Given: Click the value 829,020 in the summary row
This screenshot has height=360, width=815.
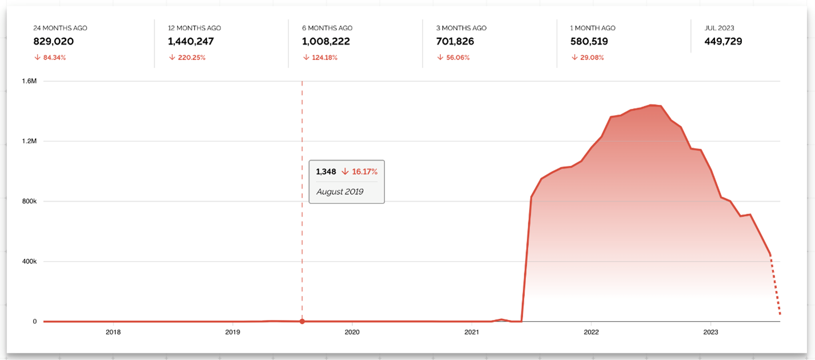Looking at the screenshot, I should click(x=54, y=42).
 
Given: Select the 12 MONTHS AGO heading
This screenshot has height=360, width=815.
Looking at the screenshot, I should click(x=194, y=28).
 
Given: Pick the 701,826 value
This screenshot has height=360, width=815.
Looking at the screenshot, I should click(x=456, y=42).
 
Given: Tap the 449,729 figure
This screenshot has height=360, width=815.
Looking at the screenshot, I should click(x=724, y=42).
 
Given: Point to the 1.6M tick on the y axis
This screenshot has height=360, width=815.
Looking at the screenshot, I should click(x=29, y=81).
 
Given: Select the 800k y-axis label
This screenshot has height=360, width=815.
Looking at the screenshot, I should click(x=28, y=201).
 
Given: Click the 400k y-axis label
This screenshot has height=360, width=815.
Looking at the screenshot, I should click(x=28, y=262).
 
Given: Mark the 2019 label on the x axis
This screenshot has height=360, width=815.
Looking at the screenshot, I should click(x=232, y=332).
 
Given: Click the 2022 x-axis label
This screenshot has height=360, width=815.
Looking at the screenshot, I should click(x=591, y=332).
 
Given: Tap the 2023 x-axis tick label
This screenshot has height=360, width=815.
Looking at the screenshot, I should click(x=710, y=332).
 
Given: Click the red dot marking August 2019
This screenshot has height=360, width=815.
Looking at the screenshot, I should click(x=302, y=321).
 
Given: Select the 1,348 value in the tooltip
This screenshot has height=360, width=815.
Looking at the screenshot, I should click(x=326, y=171).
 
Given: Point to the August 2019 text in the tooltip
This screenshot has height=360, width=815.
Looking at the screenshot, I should click(x=340, y=191).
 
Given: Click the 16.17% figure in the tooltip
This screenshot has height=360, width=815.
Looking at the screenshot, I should click(x=364, y=171).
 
